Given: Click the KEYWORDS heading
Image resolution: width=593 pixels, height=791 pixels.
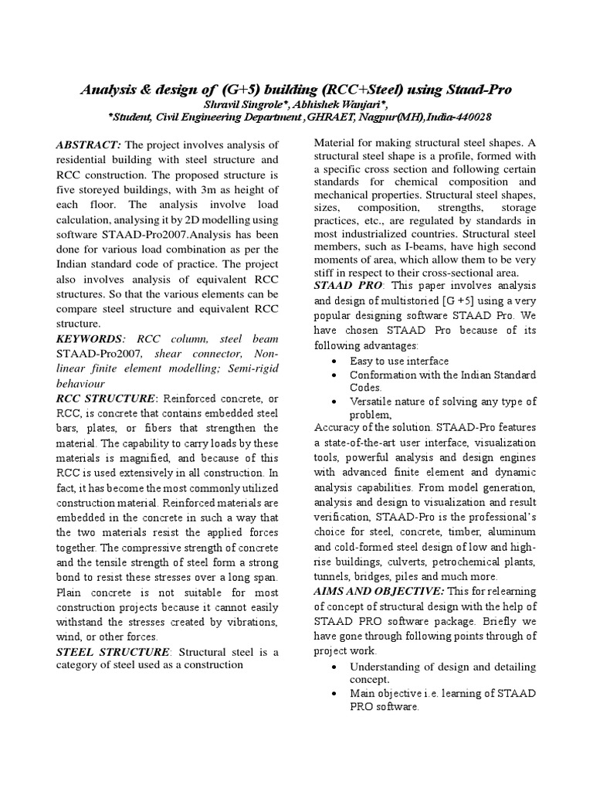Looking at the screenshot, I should [90, 339].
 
